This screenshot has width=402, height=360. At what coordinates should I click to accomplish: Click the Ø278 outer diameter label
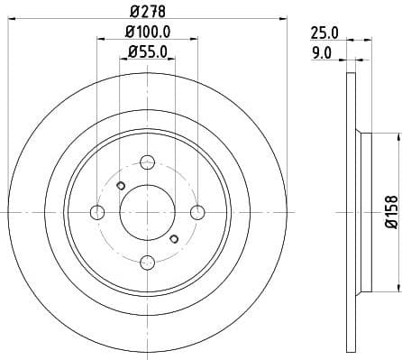pyautogui.click(x=147, y=11)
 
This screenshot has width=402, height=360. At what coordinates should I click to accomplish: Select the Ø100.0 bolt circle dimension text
pyautogui.click(x=147, y=33)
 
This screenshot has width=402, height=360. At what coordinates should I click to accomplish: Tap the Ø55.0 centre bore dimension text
pyautogui.click(x=147, y=53)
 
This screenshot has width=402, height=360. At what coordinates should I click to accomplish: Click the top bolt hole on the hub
pyautogui.click(x=148, y=162)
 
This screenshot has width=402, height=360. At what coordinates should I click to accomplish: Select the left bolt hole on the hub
pyautogui.click(x=97, y=212)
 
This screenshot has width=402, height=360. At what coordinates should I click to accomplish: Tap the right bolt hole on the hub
pyautogui.click(x=197, y=212)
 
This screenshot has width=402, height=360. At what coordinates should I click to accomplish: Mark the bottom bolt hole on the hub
pyautogui.click(x=148, y=263)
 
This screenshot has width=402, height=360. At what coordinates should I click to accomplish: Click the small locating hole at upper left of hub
pyautogui.click(x=121, y=186)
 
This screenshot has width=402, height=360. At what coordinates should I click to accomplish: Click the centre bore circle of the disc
pyautogui.click(x=148, y=212)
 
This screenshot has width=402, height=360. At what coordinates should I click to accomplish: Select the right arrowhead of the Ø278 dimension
pyautogui.click(x=282, y=19)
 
